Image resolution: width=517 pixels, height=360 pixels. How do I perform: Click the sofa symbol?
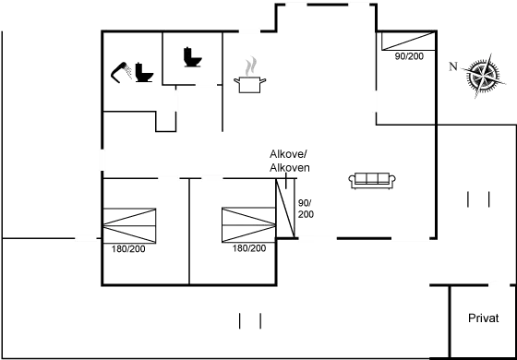[373, 180]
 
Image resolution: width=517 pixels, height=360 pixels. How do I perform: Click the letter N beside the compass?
[452, 66]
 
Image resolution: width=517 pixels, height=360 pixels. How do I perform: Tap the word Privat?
[484, 318]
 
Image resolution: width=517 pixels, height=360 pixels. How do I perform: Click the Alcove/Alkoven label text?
[288, 161]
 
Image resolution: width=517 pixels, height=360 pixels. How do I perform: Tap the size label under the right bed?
[249, 249]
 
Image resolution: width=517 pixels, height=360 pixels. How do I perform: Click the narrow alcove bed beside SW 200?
[285, 210]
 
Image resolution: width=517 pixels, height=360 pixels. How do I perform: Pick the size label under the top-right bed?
[409, 57]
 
